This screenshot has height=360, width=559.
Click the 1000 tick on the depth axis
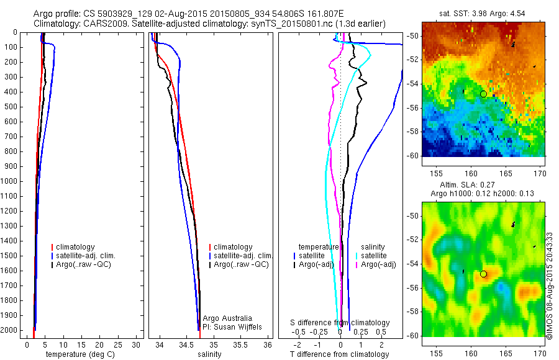click(x=11, y=181)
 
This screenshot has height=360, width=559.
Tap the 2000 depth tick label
click(x=11, y=331)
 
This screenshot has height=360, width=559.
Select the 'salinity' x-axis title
click(x=209, y=354)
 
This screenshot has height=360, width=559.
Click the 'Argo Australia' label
click(x=229, y=318)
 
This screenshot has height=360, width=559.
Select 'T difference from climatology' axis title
click(x=340, y=354)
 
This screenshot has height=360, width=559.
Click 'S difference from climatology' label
click(x=340, y=323)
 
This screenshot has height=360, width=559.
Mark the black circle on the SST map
click(x=483, y=94)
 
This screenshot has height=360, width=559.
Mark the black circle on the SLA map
click(x=483, y=274)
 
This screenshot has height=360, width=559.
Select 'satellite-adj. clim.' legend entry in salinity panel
click(x=243, y=256)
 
